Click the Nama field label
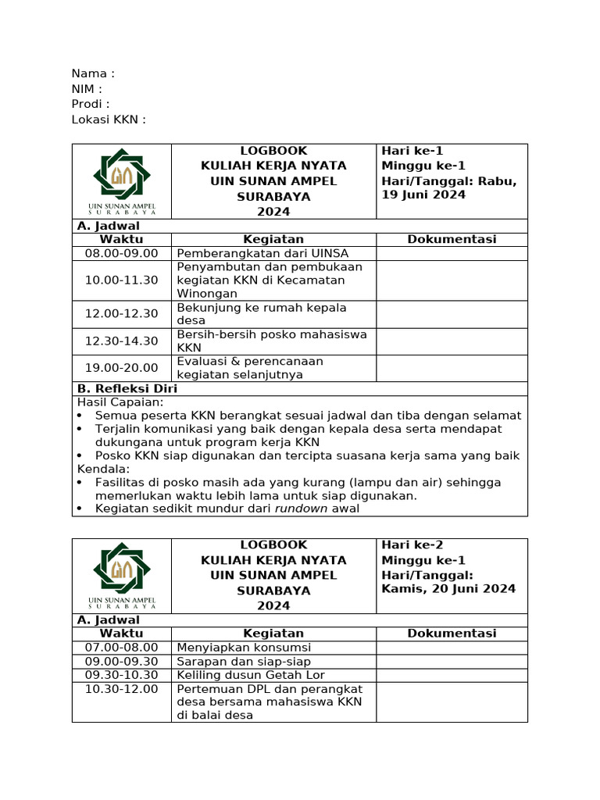92,73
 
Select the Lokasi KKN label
108,120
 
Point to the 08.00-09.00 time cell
121,253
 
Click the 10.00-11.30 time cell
121,280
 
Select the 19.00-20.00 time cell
121,367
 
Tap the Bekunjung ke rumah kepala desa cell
262,313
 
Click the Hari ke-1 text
412,151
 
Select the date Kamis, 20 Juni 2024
448,588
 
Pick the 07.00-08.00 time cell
121,647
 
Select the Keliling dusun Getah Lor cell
251,674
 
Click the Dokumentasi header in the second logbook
452,633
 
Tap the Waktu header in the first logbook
121,239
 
